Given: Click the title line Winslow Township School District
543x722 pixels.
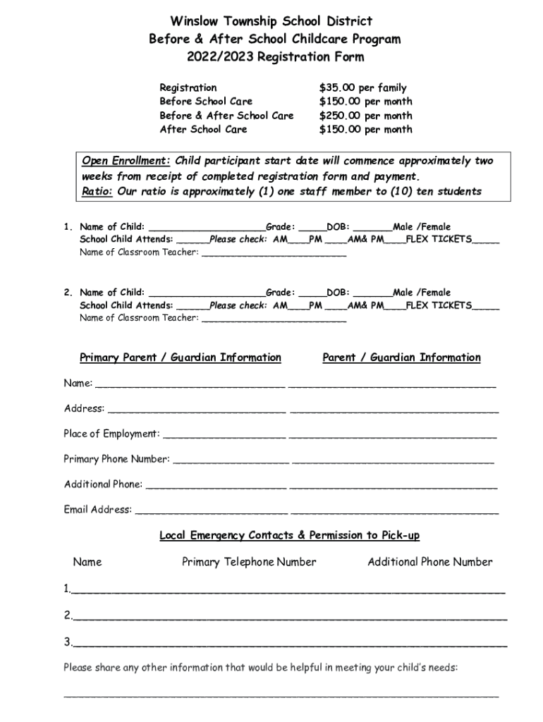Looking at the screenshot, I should click(274, 22).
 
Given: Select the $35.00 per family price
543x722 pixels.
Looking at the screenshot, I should click(362, 88).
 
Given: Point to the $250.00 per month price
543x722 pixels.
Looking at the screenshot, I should click(365, 116).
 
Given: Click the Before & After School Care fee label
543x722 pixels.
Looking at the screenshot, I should click(226, 116).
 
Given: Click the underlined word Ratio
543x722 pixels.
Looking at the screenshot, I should click(97, 191).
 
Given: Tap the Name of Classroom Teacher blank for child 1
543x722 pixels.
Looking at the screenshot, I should click(274, 252).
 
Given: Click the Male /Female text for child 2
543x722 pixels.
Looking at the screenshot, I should click(421, 293).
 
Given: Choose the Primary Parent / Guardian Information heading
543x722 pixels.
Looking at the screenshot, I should click(181, 357).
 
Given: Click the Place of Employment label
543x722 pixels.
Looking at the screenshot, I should click(111, 434).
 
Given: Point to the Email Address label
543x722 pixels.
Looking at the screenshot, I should click(98, 509).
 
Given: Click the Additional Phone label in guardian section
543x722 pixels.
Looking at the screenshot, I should click(104, 484).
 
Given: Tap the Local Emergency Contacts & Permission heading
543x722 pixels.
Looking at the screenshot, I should click(289, 535).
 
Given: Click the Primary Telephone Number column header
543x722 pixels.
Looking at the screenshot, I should click(249, 562).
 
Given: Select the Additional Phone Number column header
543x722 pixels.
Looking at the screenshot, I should click(429, 562).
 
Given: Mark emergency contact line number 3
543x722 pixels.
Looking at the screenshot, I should click(289, 642).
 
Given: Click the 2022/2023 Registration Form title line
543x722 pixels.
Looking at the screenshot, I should click(274, 57).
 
